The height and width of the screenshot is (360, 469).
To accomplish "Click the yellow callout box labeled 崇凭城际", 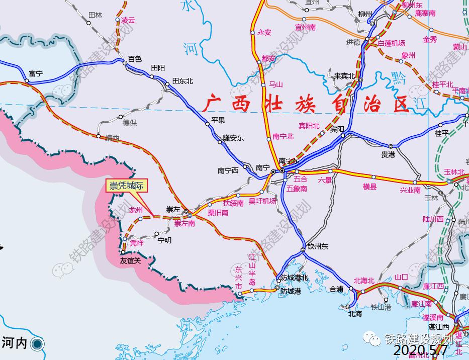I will [x=127, y=186].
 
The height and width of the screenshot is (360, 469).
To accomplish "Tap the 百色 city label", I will [x=135, y=59].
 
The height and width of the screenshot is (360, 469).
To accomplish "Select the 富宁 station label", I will [x=36, y=73].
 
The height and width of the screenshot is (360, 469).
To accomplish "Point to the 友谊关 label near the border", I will [x=130, y=261].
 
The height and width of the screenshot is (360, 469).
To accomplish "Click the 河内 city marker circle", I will [x=37, y=344].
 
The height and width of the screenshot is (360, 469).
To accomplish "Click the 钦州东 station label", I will [x=318, y=246].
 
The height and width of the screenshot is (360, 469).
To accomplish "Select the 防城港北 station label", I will [x=294, y=278].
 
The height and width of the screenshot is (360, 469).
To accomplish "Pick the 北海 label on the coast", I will [x=355, y=314].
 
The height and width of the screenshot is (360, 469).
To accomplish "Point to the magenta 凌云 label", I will [x=128, y=21].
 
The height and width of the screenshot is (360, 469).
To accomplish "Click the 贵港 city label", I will [x=388, y=155].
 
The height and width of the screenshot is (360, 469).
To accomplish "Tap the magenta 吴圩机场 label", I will [x=262, y=201].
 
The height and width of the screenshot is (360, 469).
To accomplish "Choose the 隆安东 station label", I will [x=233, y=137].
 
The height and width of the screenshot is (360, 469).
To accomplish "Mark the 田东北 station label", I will [x=182, y=81].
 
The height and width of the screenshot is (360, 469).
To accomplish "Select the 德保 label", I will [x=130, y=122].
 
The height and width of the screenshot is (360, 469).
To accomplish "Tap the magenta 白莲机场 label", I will [x=391, y=43].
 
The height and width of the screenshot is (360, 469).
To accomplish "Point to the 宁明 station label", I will [x=164, y=240].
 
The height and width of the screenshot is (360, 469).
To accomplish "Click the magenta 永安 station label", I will [x=264, y=32].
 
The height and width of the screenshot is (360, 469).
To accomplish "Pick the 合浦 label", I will [x=336, y=290].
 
